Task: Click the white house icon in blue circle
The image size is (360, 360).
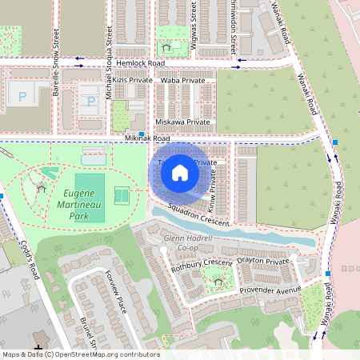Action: pos(180,172)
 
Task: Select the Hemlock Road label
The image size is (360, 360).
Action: pos(140,62)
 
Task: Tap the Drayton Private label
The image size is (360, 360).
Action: pos(262,262)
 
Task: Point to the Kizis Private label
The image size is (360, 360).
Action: pos(133,81)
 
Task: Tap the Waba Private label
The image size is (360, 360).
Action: pos(182,81)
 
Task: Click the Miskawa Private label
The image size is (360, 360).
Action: pos(182,122)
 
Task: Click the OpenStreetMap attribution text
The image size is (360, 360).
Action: pos(80,354)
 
